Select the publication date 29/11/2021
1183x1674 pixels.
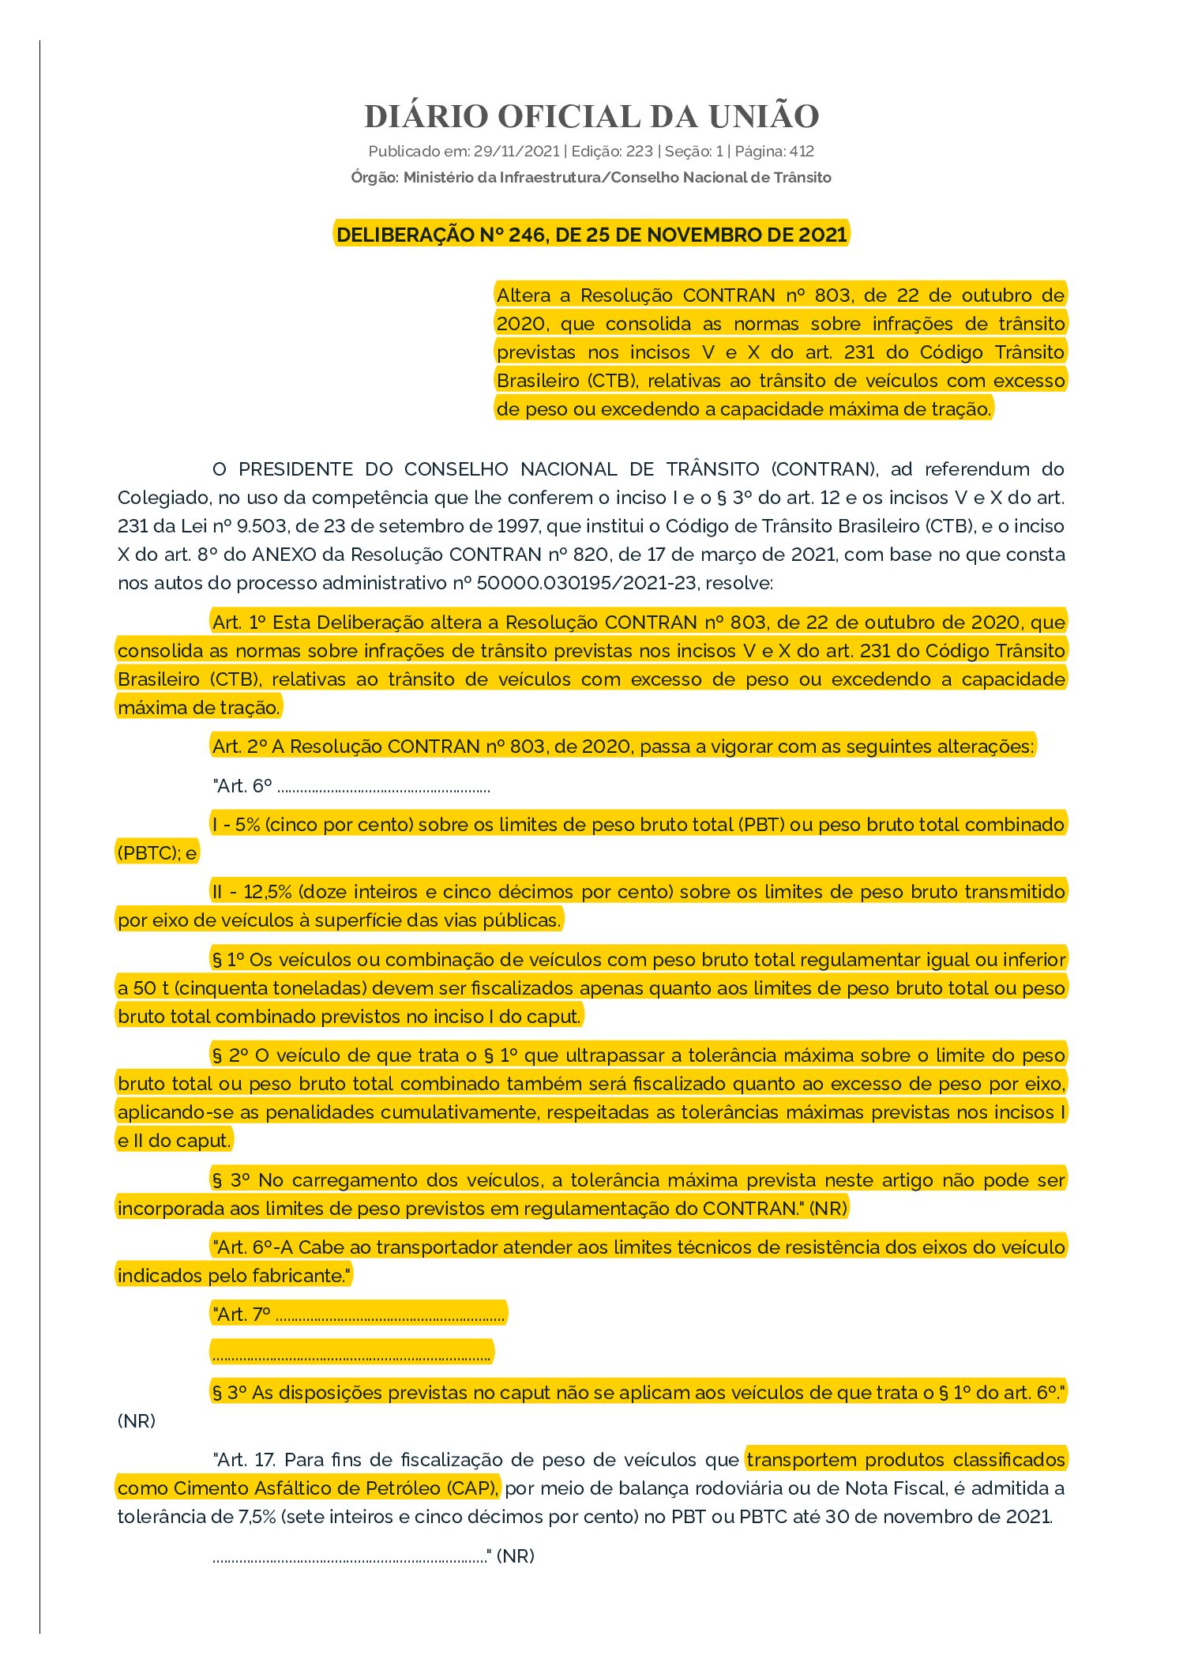click(516, 152)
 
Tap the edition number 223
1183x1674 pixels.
click(639, 152)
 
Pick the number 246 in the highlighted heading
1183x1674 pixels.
click(527, 235)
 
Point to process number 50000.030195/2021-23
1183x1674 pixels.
click(587, 583)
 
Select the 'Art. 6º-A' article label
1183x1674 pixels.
click(253, 1247)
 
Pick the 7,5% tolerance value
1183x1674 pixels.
click(258, 1517)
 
